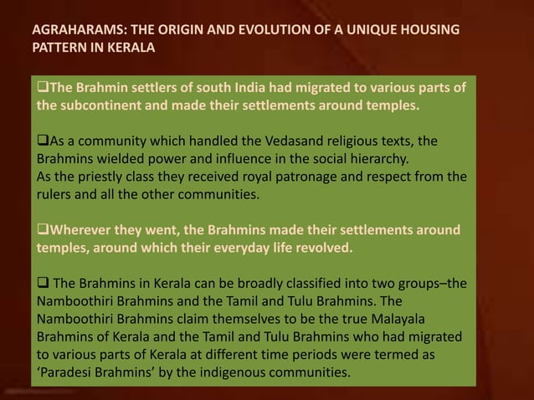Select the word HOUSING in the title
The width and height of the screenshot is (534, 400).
[x=426, y=31]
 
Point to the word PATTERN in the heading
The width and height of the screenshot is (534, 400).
[x=61, y=48]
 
